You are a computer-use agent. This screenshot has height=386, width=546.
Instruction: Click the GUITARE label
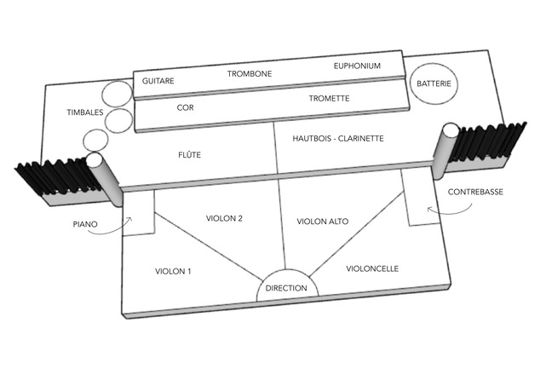[x=158, y=81]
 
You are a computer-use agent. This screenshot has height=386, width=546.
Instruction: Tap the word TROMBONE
[x=250, y=74]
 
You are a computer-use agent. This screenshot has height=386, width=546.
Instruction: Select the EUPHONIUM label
[x=357, y=66]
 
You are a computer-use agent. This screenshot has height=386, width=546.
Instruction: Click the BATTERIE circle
[x=434, y=84]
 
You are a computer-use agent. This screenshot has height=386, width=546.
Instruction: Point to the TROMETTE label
[x=329, y=99]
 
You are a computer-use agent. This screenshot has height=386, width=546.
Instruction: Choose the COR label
[x=185, y=107]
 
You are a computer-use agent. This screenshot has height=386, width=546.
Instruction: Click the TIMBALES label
[x=85, y=112]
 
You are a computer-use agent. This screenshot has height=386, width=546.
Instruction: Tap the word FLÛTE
[x=189, y=155]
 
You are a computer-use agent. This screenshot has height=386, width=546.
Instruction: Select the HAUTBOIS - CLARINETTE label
[x=338, y=138]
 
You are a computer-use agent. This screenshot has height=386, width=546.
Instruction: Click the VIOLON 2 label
[x=224, y=218]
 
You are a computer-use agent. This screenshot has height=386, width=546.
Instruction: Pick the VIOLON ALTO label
[x=323, y=222]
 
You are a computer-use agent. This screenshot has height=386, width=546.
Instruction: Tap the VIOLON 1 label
[x=173, y=271]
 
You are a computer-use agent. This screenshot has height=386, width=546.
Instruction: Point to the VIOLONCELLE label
[x=372, y=268]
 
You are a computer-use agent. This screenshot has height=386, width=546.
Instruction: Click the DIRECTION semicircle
[x=287, y=269]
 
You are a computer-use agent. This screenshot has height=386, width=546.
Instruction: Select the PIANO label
[x=85, y=224]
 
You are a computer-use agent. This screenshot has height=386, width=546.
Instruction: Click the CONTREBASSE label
[x=475, y=192]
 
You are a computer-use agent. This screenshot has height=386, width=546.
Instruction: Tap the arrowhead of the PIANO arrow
[x=130, y=219]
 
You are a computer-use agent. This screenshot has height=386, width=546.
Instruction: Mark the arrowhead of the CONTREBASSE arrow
[x=429, y=209]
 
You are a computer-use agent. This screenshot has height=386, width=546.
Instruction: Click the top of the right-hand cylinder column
[x=451, y=130]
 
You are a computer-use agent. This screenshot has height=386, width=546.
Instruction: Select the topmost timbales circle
[x=118, y=94]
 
